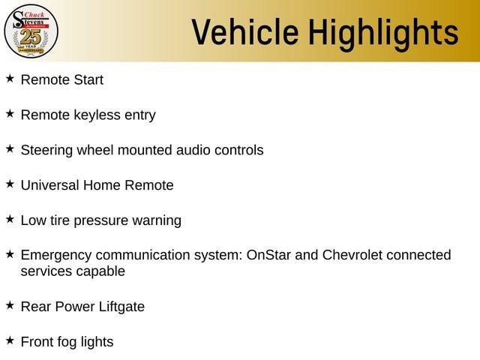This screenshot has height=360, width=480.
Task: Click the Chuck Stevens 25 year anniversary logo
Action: (x=31, y=31)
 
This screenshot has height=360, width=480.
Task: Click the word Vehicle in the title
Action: (x=245, y=32)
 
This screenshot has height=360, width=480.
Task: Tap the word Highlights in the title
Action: (x=383, y=34)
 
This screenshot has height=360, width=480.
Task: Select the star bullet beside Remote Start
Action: (x=10, y=78)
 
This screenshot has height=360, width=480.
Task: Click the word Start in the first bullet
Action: (x=88, y=80)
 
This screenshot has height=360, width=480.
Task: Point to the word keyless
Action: (x=97, y=115)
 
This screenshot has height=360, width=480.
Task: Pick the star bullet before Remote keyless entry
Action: (x=10, y=113)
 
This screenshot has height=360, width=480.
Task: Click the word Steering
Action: (x=46, y=151)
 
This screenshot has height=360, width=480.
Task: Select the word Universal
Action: (x=50, y=185)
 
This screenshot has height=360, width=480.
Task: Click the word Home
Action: (x=102, y=185)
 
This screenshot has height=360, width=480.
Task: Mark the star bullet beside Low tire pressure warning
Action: (x=10, y=219)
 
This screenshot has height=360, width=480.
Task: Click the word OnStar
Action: (x=268, y=255)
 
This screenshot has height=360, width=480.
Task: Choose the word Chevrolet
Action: (x=352, y=255)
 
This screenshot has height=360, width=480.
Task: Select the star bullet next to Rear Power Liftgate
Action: (x=10, y=305)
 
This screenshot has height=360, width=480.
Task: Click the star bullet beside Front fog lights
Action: (x=10, y=340)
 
